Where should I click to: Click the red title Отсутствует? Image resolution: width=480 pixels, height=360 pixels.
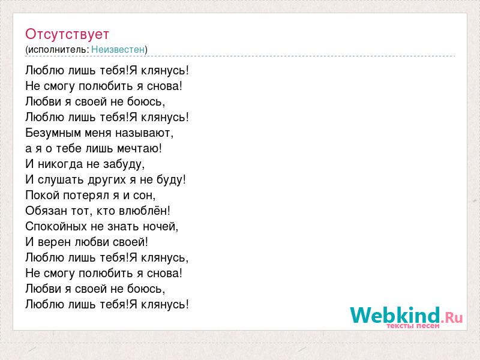coord(67,34)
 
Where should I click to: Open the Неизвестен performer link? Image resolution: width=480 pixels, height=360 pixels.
coord(118,50)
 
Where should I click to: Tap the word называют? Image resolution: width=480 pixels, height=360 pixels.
coord(144,133)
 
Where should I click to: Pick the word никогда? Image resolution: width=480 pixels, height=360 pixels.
coord(61,164)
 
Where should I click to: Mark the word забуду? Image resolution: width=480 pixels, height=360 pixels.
coord(124,164)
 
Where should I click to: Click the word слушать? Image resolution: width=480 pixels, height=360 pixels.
coord(61,180)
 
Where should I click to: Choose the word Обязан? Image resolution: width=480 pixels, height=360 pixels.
coord(46,211)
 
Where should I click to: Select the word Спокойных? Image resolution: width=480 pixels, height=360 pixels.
coord(56,227)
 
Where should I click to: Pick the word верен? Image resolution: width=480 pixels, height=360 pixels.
coord(55,242)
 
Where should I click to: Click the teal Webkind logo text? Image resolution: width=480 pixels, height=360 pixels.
coord(395,316)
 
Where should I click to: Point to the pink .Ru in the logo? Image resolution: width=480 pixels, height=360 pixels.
coord(452,317)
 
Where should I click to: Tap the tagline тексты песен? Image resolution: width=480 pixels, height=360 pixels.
coord(413,326)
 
